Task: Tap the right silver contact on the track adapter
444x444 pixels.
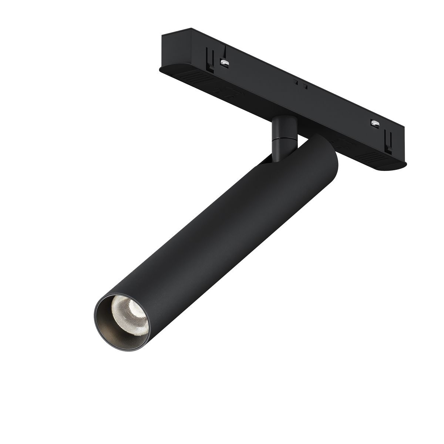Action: pos(375,123)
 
